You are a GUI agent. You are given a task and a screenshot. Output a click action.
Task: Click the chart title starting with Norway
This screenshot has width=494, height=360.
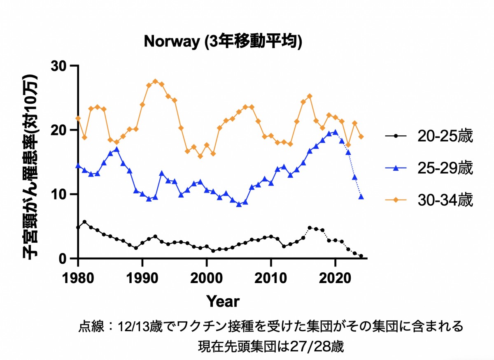(x=223, y=42)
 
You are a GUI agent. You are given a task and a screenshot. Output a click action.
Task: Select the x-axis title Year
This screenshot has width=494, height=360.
(x=223, y=301)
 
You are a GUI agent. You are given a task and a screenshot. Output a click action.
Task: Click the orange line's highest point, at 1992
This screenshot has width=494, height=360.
(x=155, y=81)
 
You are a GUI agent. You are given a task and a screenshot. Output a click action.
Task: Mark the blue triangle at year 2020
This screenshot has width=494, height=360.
(x=335, y=132)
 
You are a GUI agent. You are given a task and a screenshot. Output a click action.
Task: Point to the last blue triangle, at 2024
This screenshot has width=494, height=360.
(x=361, y=197)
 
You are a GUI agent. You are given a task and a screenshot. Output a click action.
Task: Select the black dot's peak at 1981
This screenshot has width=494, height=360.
(x=84, y=222)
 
